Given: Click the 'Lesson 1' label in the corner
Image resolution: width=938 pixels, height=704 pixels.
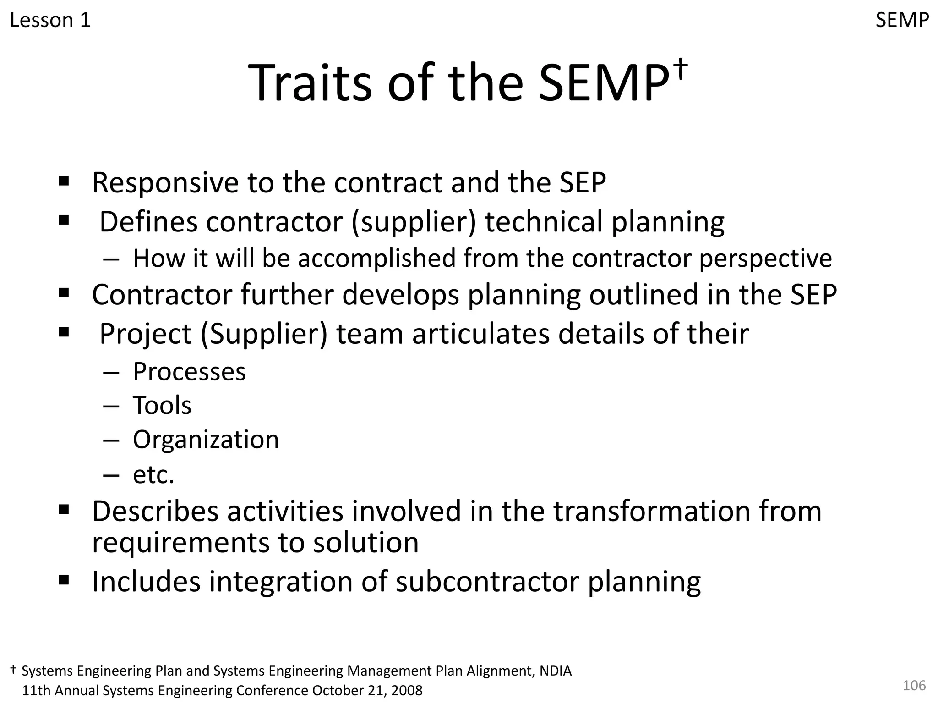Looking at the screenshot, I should click(50, 21).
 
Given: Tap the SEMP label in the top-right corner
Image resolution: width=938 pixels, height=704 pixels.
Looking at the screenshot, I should click(902, 21).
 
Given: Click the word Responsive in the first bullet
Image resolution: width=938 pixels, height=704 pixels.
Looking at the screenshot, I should click(165, 183).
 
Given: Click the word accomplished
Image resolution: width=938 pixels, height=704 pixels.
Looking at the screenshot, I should click(376, 258).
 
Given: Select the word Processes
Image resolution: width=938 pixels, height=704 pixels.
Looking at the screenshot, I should click(189, 372).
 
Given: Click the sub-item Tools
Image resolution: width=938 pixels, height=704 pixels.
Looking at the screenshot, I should click(162, 406).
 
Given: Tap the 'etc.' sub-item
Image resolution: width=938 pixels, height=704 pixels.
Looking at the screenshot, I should click(153, 475).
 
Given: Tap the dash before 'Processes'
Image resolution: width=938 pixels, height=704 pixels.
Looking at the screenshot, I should click(111, 373).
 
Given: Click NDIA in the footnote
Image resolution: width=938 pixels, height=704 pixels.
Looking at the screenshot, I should click(555, 671).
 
